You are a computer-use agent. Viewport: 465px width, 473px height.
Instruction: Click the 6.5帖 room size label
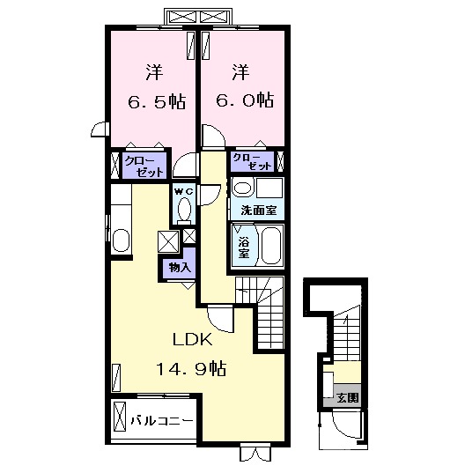(157, 102)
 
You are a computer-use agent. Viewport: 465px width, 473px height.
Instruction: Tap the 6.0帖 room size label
(245, 100)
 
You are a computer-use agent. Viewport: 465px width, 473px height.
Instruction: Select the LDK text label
(192, 339)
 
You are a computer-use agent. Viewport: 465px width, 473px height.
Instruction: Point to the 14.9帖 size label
(191, 368)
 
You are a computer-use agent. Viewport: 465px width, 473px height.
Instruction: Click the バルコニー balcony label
(162, 420)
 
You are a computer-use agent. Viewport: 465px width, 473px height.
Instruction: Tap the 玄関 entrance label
(348, 398)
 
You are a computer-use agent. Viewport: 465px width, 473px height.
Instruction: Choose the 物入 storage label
(180, 267)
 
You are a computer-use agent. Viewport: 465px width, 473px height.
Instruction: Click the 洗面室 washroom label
(259, 210)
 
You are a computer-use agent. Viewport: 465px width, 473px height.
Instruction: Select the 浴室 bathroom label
(244, 248)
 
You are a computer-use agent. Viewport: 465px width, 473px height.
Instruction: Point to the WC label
(184, 191)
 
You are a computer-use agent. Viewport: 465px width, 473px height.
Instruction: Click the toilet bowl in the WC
(184, 210)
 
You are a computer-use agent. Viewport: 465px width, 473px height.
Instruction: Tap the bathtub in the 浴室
(272, 246)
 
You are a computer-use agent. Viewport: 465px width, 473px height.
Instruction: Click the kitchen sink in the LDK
(121, 240)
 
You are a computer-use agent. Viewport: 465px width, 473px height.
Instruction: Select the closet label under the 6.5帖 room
(144, 166)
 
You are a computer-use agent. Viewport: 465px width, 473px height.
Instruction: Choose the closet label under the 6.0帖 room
(253, 162)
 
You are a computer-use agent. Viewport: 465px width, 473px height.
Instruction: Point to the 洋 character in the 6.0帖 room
(240, 72)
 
